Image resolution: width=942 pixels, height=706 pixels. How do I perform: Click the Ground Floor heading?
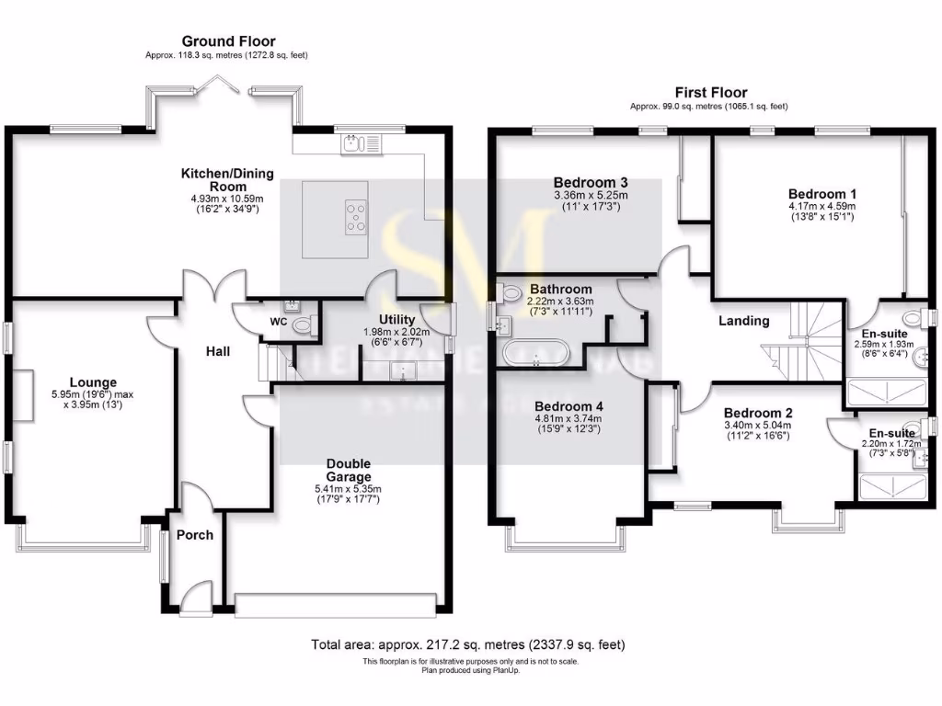pos(228,41)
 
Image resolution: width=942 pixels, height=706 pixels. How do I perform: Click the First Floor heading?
pos(711,92)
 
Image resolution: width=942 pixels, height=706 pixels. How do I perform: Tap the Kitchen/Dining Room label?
pos(227,179)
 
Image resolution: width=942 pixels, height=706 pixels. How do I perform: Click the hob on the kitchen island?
pos(355,217)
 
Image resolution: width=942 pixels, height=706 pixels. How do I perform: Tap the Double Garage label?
pos(349,471)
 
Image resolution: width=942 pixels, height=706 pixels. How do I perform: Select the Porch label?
pos(194,535)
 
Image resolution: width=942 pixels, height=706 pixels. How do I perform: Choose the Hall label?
pos(218,351)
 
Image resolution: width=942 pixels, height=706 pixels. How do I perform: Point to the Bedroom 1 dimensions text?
pos(822,213)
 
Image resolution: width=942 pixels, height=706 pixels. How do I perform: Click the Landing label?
pos(743,321)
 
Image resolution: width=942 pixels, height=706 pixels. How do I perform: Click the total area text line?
pos(471,645)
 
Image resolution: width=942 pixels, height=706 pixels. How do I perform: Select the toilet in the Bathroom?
pos(511,293)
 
